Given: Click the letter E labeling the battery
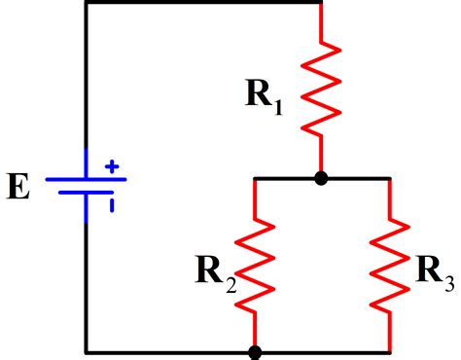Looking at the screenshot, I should tap(18, 185).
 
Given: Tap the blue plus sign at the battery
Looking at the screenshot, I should tap(112, 167).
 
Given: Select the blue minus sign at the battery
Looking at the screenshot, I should tap(112, 203).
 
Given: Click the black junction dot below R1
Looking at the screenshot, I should tap(321, 179).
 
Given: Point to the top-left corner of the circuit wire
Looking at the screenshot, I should tap(87, 3).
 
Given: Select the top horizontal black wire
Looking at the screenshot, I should tap(204, 3).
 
